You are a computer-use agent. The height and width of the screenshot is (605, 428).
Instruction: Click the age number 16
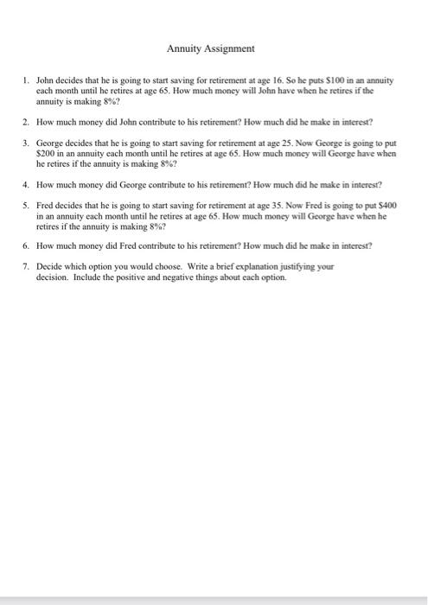267,80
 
